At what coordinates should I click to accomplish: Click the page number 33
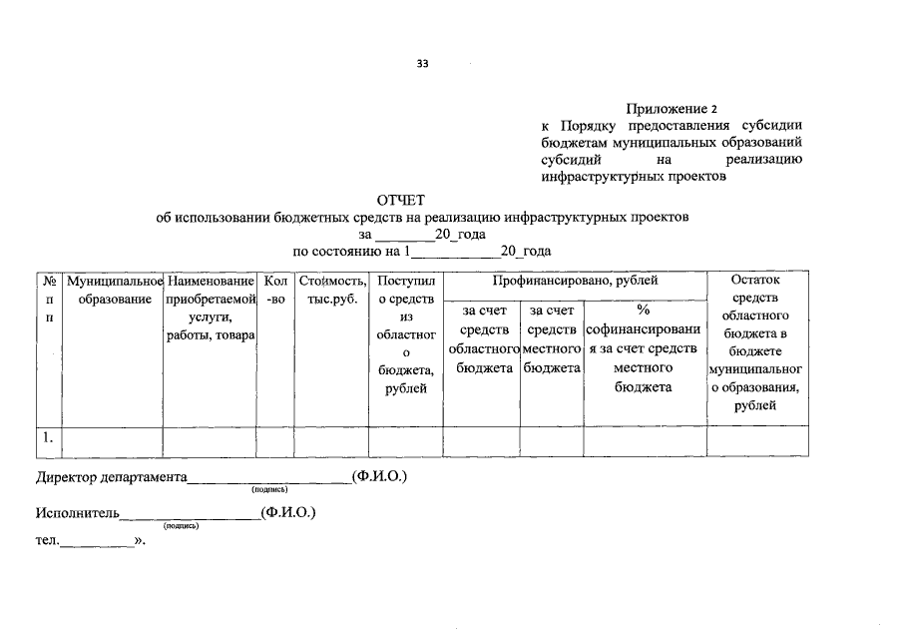pyautogui.click(x=422, y=65)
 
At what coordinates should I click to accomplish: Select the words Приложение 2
pyautogui.click(x=672, y=108)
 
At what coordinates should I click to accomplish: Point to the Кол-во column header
pyautogui.click(x=276, y=291)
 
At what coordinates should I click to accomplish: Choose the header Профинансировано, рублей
pyautogui.click(x=575, y=283)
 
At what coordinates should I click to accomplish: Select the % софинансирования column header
pyautogui.click(x=644, y=348)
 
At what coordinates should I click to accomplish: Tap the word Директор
pyautogui.click(x=67, y=477)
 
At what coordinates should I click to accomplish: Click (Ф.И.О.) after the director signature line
pyautogui.click(x=380, y=477)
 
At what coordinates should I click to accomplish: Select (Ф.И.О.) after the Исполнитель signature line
pyautogui.click(x=287, y=513)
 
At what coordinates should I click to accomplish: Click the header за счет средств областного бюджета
pyautogui.click(x=481, y=339)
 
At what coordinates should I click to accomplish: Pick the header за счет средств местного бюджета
pyautogui.click(x=552, y=339)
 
